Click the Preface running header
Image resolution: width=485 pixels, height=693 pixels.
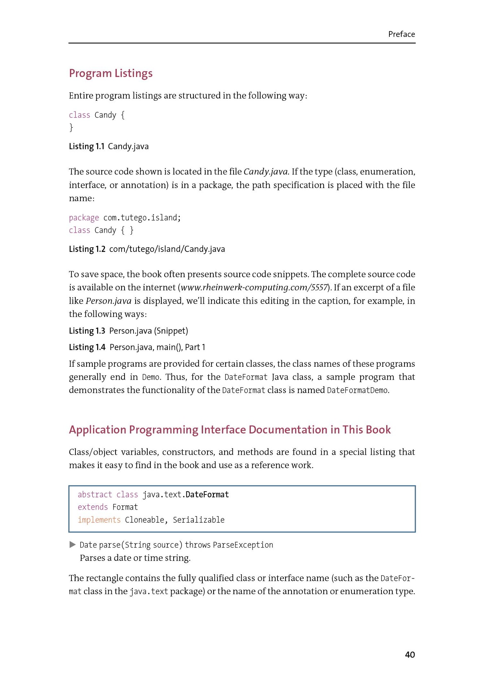coord(401,34)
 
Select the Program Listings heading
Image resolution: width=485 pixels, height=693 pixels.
coord(111,73)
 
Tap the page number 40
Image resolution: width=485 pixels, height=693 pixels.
coord(410,654)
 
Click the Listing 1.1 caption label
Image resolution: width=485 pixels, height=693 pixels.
coord(87,146)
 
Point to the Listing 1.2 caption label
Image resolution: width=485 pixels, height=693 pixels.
coord(87,249)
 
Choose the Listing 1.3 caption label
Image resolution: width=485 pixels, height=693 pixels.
coord(87,331)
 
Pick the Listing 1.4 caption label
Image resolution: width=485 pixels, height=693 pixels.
coord(87,347)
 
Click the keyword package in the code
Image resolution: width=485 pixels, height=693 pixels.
coord(84,218)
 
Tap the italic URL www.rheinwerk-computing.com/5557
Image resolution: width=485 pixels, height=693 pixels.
coord(254,288)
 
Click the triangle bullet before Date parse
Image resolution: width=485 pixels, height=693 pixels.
coord(73,544)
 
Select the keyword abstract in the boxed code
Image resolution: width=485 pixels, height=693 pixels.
coord(95,494)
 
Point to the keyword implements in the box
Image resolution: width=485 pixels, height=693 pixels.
coord(99,520)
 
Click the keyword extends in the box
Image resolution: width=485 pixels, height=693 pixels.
coord(93,507)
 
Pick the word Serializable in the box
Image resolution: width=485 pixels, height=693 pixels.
coord(198,520)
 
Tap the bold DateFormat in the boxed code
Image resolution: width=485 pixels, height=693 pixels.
coord(207,494)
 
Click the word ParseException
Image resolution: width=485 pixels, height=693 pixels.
coord(243,545)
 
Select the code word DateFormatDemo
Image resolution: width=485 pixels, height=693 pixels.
coord(357,390)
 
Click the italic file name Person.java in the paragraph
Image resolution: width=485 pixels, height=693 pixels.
coord(108,301)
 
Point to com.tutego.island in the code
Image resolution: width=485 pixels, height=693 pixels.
coord(141,218)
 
